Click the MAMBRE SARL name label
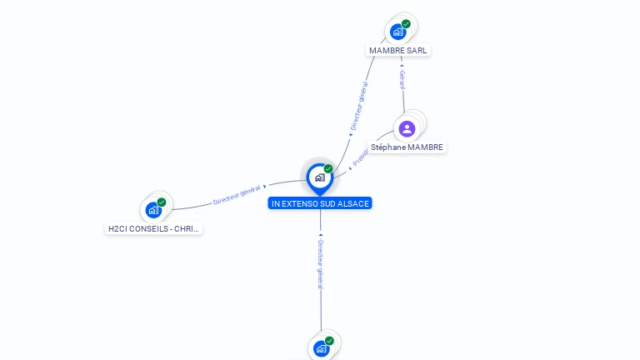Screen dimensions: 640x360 click(398, 50)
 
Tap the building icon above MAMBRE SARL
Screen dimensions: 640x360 click(398, 32)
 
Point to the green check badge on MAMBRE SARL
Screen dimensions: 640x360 click(406, 24)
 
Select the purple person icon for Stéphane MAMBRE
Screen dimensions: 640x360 click(407, 128)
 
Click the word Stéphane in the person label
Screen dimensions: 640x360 click(387, 147)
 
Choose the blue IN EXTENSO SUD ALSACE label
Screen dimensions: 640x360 click(320, 203)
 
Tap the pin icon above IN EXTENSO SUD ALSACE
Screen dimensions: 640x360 click(319, 177)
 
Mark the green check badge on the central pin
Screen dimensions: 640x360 click(328, 169)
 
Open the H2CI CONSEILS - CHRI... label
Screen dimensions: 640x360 click(155, 228)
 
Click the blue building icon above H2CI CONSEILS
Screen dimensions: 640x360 click(153, 210)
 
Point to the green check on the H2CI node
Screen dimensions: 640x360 click(162, 202)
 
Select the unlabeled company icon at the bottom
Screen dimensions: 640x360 click(321, 348)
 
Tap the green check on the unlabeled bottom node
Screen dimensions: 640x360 click(329, 341)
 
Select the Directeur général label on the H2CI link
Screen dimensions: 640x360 click(237, 195)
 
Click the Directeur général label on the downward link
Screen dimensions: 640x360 click(321, 262)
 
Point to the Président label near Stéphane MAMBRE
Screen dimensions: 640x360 click(360, 159)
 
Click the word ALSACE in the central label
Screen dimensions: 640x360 click(353, 203)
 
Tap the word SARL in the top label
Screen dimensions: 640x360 click(417, 50)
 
